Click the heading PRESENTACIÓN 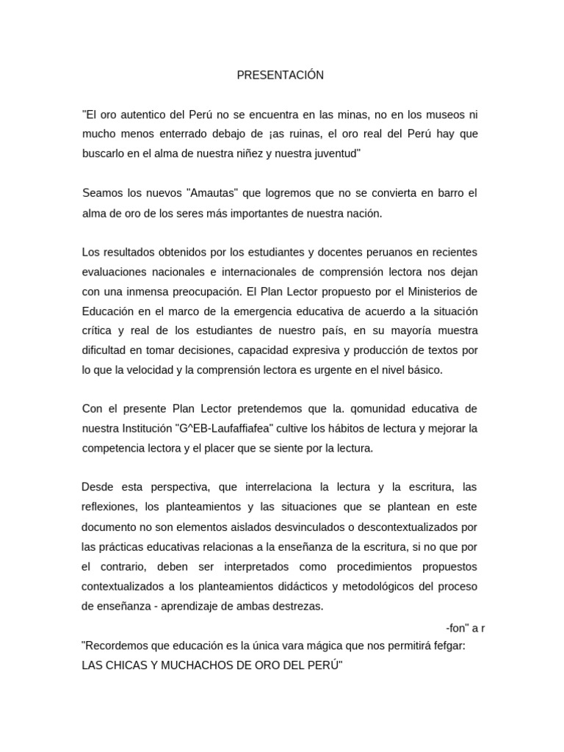[x=280, y=76]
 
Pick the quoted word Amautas [x=214, y=194]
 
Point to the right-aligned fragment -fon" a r [x=466, y=628]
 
